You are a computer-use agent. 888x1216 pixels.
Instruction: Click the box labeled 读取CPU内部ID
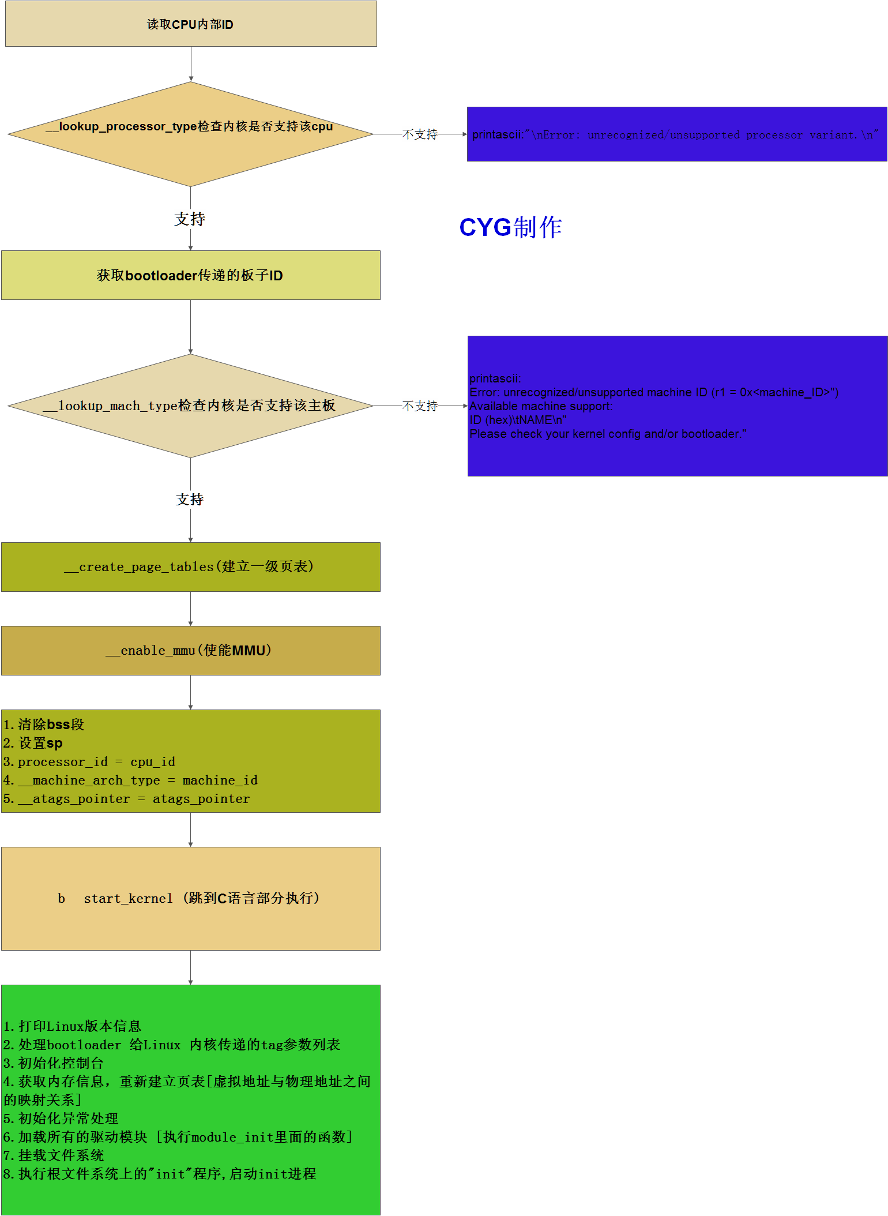[x=191, y=24]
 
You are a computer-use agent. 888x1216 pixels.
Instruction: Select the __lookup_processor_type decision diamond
[x=190, y=134]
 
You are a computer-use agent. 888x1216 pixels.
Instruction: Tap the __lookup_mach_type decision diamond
[x=190, y=406]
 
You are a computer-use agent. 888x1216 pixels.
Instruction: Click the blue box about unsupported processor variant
[x=676, y=134]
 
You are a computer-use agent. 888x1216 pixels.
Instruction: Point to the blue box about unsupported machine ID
[x=677, y=406]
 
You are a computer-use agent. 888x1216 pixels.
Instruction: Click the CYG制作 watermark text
[x=510, y=227]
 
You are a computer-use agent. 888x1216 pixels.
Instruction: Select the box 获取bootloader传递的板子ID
[x=190, y=275]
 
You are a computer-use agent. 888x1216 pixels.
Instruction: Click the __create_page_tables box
[x=190, y=567]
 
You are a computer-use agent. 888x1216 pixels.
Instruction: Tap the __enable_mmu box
[x=190, y=651]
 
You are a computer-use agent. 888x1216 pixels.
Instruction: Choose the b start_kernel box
[x=190, y=898]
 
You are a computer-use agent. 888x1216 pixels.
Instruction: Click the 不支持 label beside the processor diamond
[x=420, y=134]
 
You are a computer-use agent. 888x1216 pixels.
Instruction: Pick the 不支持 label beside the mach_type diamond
[x=420, y=406]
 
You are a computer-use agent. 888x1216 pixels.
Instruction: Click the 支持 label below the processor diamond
[x=190, y=219]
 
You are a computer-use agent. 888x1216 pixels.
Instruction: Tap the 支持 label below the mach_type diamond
[x=190, y=500]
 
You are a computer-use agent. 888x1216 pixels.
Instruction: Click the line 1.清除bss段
[x=44, y=725]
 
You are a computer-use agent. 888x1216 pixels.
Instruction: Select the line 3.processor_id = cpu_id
[x=89, y=762]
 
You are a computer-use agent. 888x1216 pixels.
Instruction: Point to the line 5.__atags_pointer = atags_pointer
[x=127, y=799]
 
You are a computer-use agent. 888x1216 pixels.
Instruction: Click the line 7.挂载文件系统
[x=54, y=1155]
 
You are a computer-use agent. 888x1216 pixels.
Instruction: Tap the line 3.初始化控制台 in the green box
[x=54, y=1063]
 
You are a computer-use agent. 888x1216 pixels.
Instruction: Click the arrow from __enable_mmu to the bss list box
[x=191, y=692]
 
